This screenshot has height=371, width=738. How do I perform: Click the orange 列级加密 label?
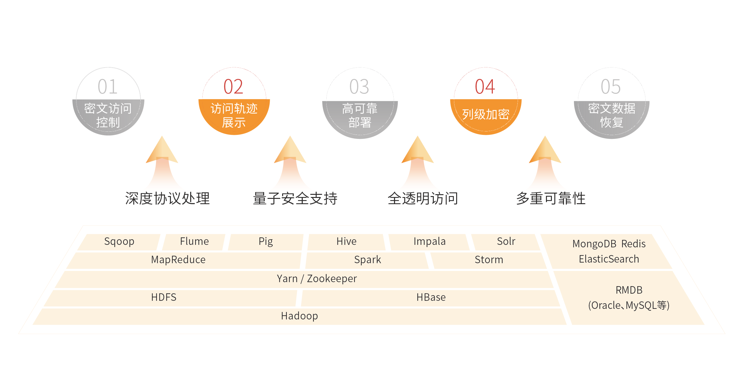tap(486, 114)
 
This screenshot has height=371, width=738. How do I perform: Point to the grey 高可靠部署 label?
tap(360, 115)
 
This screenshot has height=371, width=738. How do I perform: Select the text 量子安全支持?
tap(295, 199)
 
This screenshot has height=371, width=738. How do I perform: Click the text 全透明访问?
tap(423, 199)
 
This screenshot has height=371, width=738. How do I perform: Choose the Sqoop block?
tap(119, 241)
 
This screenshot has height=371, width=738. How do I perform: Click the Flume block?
tap(194, 241)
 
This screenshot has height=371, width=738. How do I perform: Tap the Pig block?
tap(266, 241)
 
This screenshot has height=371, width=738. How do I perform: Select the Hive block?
tap(346, 241)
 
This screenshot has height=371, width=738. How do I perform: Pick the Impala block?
tap(429, 241)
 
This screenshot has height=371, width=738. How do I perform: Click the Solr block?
tap(506, 241)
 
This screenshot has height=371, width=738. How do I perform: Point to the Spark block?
tap(367, 260)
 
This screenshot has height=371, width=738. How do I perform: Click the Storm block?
tap(489, 260)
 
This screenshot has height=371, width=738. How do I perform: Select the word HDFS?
tap(164, 297)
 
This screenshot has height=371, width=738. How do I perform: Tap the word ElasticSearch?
tap(609, 259)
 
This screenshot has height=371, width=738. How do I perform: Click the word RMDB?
tap(629, 290)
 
